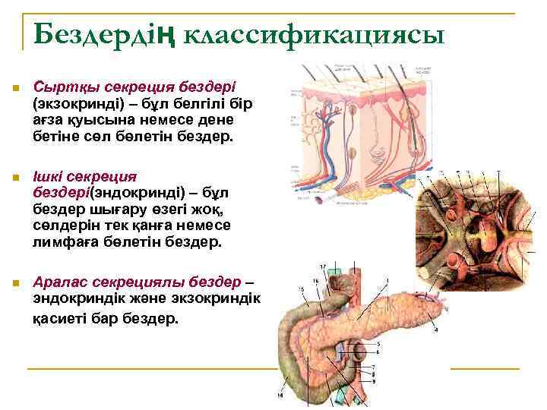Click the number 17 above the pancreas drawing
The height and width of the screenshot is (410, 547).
(x=322, y=266)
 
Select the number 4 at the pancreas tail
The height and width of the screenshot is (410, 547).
(x=436, y=330)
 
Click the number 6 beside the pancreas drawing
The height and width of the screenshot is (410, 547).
(x=378, y=352)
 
